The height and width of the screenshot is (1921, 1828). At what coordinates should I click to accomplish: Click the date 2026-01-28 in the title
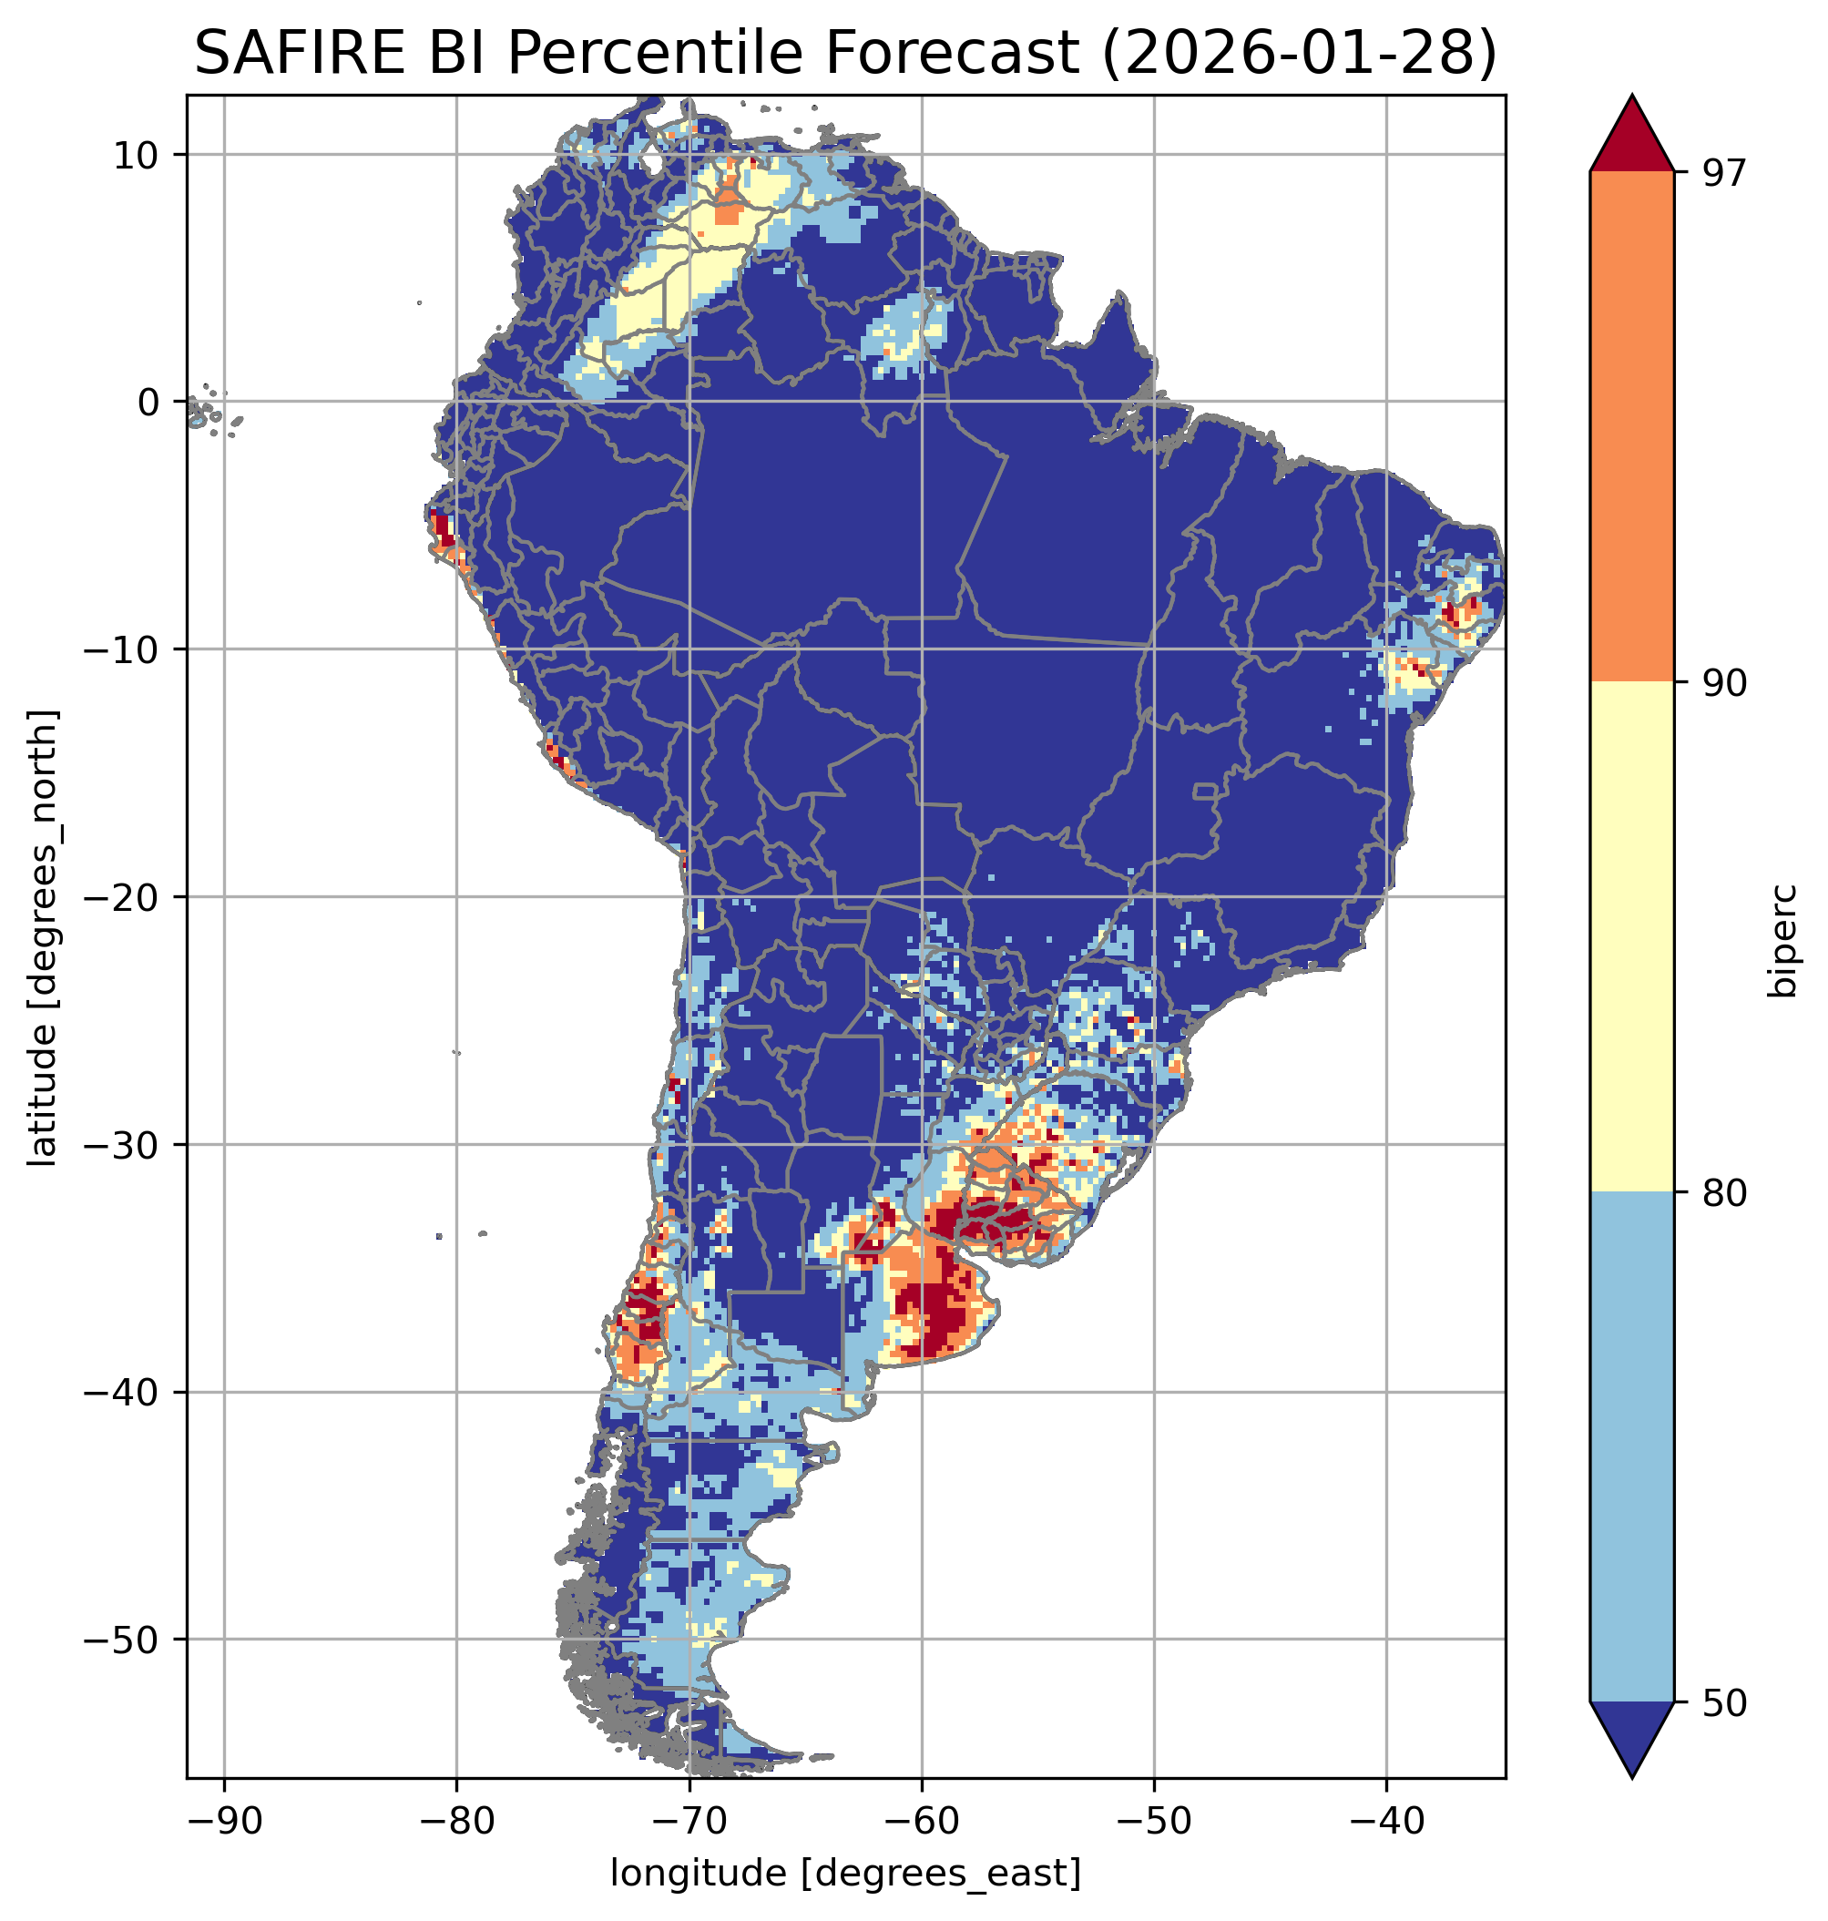(1297, 53)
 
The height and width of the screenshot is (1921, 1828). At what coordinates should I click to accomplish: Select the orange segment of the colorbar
(1631, 427)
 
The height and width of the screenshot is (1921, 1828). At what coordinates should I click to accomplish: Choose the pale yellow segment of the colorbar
(1631, 936)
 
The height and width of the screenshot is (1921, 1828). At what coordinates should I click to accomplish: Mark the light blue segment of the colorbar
(1631, 1447)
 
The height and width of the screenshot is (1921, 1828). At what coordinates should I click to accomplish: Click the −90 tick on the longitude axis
(224, 1821)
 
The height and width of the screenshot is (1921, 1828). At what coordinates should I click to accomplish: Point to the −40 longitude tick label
(1385, 1821)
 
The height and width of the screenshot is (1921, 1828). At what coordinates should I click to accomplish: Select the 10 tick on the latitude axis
(137, 155)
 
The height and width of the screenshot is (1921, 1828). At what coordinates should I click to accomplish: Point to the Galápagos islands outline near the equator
(199, 417)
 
